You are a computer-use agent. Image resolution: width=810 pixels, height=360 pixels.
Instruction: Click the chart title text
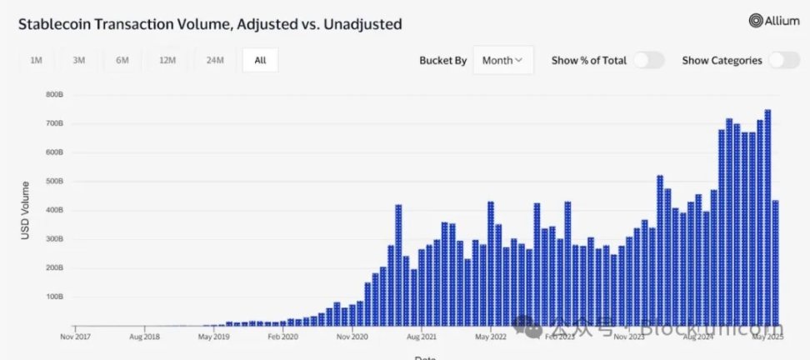tap(210, 24)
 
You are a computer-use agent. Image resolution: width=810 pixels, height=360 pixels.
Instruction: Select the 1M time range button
tap(36, 60)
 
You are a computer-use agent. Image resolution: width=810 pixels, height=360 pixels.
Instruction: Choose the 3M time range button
tap(79, 60)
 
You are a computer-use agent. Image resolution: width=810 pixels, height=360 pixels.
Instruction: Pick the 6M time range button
tap(122, 60)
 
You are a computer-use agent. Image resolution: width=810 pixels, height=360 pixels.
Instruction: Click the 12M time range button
tap(167, 60)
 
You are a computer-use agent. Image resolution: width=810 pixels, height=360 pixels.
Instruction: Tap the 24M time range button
tap(214, 60)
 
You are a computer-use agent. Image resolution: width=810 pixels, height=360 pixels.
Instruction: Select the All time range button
tap(260, 60)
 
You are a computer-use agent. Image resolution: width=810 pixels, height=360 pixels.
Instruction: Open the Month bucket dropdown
tap(502, 60)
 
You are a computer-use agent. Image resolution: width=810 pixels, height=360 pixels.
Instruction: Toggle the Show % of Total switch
tap(648, 60)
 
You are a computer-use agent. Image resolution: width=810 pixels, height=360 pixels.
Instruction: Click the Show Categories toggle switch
tap(784, 60)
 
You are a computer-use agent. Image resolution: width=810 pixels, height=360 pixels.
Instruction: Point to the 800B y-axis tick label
tap(55, 95)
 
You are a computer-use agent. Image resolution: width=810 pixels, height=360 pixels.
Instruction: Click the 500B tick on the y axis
tap(55, 182)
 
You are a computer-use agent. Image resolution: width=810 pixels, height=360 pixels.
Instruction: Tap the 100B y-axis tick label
tap(55, 297)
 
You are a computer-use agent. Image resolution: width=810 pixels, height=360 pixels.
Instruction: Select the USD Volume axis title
tap(25, 210)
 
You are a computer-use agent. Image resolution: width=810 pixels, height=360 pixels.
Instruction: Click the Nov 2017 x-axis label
tap(76, 337)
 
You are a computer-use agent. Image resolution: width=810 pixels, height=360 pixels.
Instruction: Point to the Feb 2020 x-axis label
tap(283, 337)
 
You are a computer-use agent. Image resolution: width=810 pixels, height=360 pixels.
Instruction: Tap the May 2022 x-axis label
tap(491, 337)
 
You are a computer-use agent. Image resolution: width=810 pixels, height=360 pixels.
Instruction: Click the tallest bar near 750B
tap(767, 217)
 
